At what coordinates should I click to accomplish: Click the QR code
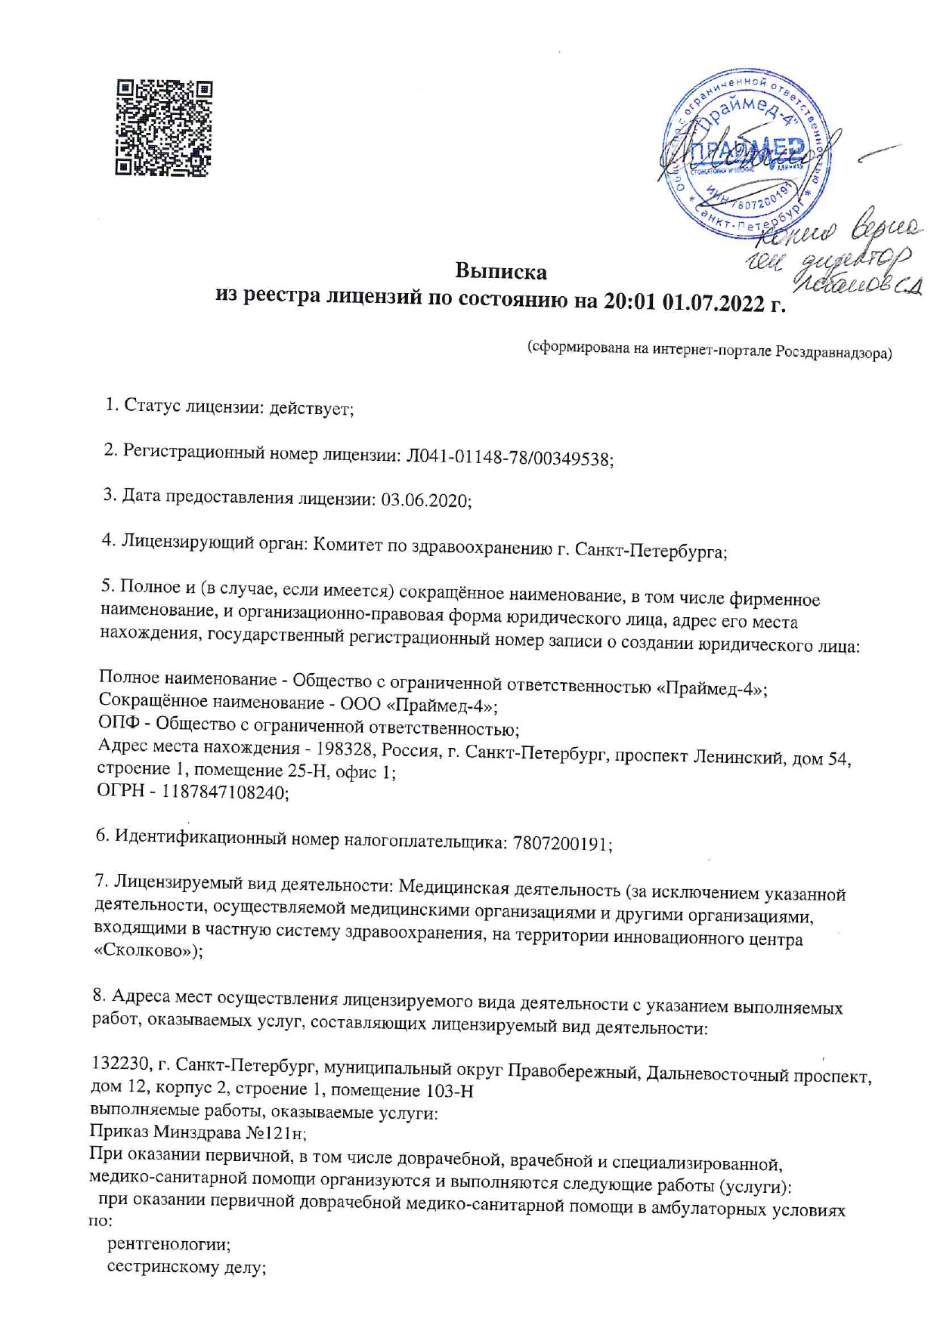[163, 128]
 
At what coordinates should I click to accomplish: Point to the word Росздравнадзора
[833, 352]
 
